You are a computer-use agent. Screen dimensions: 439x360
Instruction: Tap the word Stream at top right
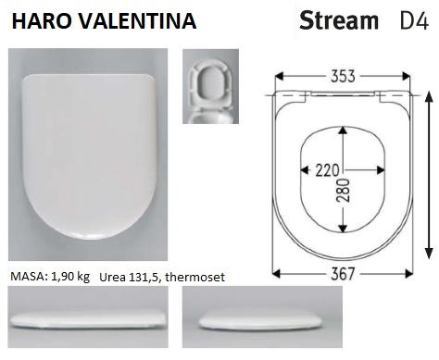pyautogui.click(x=339, y=20)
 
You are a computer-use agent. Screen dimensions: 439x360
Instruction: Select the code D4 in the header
pyautogui.click(x=414, y=21)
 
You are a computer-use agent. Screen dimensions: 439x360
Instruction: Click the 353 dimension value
pyautogui.click(x=343, y=76)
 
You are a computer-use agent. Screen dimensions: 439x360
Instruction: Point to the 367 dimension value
pyautogui.click(x=343, y=274)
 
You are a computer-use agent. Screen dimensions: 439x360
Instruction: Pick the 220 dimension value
pyautogui.click(x=327, y=170)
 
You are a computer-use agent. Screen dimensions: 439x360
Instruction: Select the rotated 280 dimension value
pyautogui.click(x=344, y=191)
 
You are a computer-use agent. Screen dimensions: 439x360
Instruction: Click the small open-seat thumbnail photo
pyautogui.click(x=210, y=86)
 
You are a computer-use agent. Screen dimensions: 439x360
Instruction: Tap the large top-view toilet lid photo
pyautogui.click(x=88, y=155)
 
